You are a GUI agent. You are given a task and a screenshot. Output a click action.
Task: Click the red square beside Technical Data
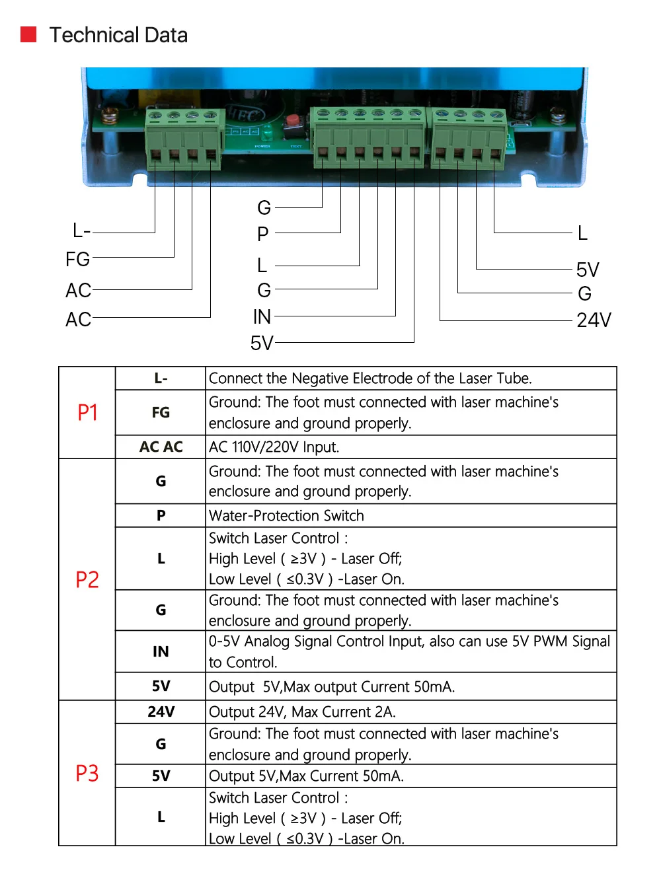coord(28,34)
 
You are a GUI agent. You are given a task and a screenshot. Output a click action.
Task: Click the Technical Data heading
coord(118,35)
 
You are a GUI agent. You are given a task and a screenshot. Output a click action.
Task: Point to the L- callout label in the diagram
coord(81,231)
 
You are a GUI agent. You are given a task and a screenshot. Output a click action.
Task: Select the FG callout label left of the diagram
coord(77,259)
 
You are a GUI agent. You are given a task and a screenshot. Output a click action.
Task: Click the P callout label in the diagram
coord(262,233)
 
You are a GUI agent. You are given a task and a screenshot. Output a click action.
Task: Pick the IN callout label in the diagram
coord(262,317)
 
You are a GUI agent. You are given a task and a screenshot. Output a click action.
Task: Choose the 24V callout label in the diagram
coord(594,320)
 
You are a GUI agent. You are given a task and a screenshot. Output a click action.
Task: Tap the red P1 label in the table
coord(87,413)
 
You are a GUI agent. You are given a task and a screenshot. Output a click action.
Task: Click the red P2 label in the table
coord(87,579)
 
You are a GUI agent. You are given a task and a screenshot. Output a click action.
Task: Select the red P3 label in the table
coord(87,773)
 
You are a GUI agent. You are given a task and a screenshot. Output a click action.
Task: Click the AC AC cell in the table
coord(161,447)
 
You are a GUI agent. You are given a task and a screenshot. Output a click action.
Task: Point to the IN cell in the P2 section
coord(161,652)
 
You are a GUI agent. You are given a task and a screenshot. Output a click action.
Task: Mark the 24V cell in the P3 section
coord(161,711)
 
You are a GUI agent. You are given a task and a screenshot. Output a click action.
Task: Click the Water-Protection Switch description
coord(286,516)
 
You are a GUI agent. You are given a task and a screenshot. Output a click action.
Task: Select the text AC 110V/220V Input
coord(274,447)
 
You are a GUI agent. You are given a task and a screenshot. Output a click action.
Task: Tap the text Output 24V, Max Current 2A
coord(302,712)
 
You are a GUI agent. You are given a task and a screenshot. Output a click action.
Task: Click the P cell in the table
coord(161,516)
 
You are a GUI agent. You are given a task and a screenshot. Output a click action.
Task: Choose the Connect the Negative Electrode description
coord(370,379)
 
